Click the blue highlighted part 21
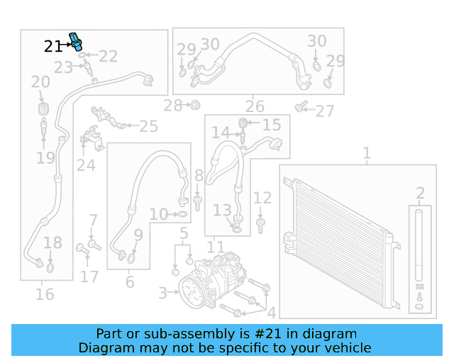74,43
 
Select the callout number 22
108,56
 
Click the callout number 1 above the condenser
367,153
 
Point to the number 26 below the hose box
255,107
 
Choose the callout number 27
324,111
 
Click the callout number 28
172,106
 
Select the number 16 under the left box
45,294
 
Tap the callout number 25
148,127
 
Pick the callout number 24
86,165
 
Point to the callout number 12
262,198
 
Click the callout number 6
129,282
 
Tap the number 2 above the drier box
420,193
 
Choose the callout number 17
89,275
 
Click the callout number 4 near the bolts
270,312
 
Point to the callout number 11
215,247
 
